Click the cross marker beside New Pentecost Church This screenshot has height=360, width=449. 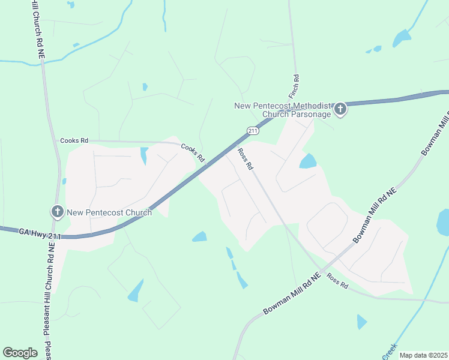coord(58,211)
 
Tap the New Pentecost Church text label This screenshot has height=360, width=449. coord(109,212)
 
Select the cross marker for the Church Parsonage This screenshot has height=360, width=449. coord(340,109)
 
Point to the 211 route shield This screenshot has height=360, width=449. coord(253,130)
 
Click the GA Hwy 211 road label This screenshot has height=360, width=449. coord(39,230)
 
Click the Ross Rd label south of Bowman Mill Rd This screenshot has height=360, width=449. coord(337,281)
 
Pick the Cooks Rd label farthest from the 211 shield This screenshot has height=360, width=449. coord(74,140)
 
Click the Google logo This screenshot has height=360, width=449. coord(20,353)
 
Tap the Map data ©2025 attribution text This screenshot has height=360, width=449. coord(423,355)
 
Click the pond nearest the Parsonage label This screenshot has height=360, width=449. coord(308,161)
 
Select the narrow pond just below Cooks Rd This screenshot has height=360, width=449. coord(144,155)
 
